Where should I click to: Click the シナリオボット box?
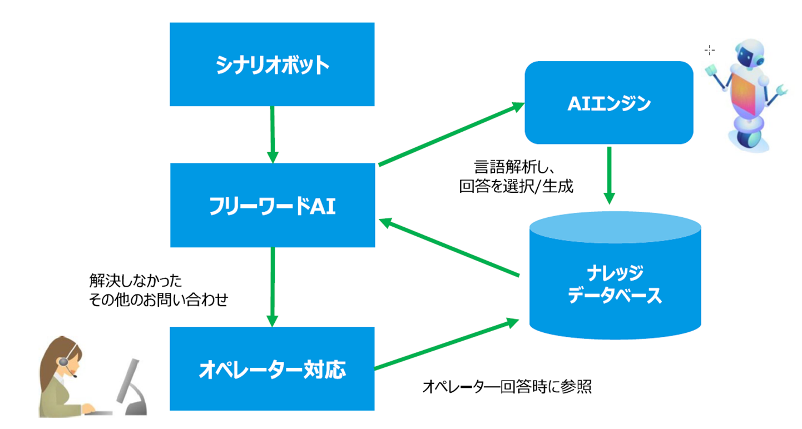tap(272, 64)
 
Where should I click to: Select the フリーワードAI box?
tap(272, 205)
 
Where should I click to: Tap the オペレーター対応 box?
tap(272, 368)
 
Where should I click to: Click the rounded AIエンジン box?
tap(609, 103)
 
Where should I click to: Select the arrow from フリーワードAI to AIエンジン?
tap(450, 133)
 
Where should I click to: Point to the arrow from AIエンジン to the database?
tap(609, 175)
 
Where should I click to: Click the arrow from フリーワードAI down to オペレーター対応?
tap(272, 287)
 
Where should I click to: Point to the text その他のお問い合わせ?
tap(159, 300)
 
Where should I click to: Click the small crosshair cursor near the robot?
tap(709, 50)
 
